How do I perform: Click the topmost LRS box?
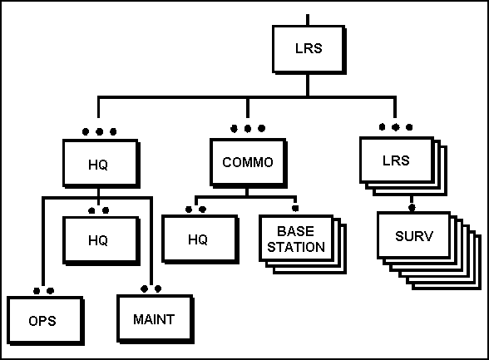coord(309,50)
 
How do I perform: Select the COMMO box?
coord(249,163)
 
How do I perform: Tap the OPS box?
coord(46,321)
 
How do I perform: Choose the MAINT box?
coord(156,319)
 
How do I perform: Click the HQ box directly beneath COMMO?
coord(200,239)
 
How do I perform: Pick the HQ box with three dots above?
coord(101,164)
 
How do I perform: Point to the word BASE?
coord(295,231)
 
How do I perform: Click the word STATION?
coord(296,247)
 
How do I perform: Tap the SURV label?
coord(414,236)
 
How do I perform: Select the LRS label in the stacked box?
coord(396,160)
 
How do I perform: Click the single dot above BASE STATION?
coord(295,208)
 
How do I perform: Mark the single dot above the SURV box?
coord(412,207)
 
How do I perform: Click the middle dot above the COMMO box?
coord(248,128)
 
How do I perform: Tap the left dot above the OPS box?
coord(37,291)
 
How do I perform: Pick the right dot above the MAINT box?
coord(158,289)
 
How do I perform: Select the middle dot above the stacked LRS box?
coord(396,127)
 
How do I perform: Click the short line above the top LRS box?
coord(308,20)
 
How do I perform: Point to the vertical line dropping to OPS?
coord(43,242)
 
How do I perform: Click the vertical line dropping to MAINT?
coord(151,240)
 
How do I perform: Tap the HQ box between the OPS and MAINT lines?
coord(101,240)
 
